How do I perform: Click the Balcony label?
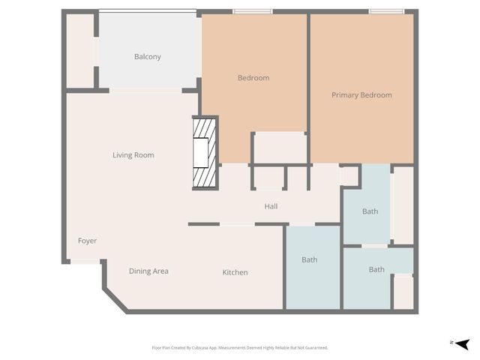pyautogui.click(x=147, y=57)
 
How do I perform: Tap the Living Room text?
pyautogui.click(x=133, y=155)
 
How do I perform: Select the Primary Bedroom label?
pyautogui.click(x=361, y=95)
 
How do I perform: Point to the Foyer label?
pyautogui.click(x=87, y=241)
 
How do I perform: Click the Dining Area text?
pyautogui.click(x=148, y=271)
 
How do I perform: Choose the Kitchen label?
pyautogui.click(x=235, y=272)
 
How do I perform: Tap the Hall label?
pyautogui.click(x=271, y=205)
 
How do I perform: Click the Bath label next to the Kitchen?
pyautogui.click(x=309, y=259)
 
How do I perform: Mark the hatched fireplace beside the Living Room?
pyautogui.click(x=204, y=153)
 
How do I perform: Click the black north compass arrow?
pyautogui.click(x=463, y=343)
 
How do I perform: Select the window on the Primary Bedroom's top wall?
pyautogui.click(x=386, y=11)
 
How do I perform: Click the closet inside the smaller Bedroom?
pyautogui.click(x=278, y=148)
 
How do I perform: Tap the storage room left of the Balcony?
pyautogui.click(x=79, y=51)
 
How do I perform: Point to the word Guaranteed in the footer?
pyautogui.click(x=314, y=348)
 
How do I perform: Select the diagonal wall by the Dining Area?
pyautogui.click(x=115, y=298)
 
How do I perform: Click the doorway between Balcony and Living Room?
pyautogui.click(x=145, y=90)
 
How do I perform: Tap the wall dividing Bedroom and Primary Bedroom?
pyautogui.click(x=308, y=86)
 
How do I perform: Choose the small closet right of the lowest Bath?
pyautogui.click(x=403, y=292)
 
